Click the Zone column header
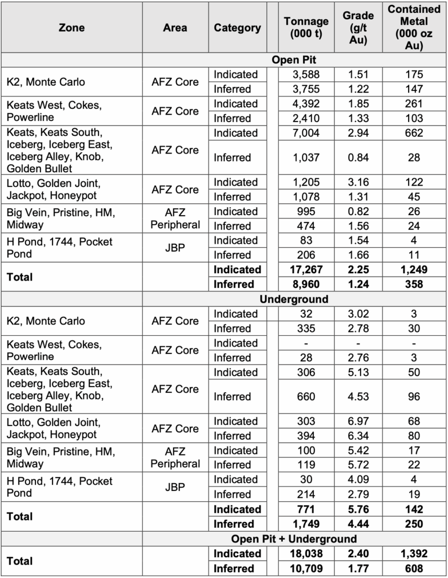pyautogui.click(x=72, y=27)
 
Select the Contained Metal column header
pyautogui.click(x=414, y=27)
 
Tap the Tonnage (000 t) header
pyautogui.click(x=306, y=27)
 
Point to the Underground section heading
pyautogui.click(x=294, y=299)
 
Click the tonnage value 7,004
pyautogui.click(x=306, y=133)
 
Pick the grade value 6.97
pyautogui.click(x=358, y=421)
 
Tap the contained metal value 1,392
pyautogui.click(x=414, y=553)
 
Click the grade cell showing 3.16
pyautogui.click(x=358, y=182)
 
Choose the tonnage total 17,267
pyautogui.click(x=306, y=270)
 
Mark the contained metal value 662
pyautogui.click(x=414, y=133)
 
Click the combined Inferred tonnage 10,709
pyautogui.click(x=306, y=568)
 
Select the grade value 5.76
pyautogui.click(x=358, y=509)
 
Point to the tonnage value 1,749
pyautogui.click(x=306, y=524)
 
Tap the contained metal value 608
pyautogui.click(x=414, y=568)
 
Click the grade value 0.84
pyautogui.click(x=358, y=157)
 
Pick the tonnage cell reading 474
pyautogui.click(x=306, y=226)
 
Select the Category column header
pyautogui.click(x=237, y=27)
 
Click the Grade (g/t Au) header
pyautogui.click(x=358, y=27)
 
